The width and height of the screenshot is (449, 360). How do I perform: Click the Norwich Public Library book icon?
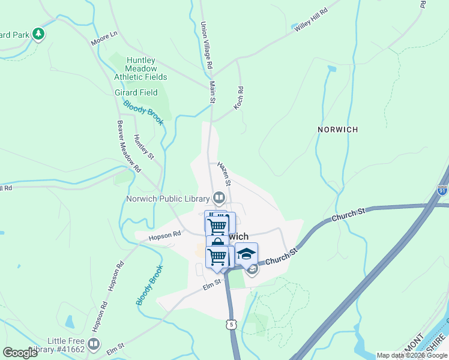(x=220, y=198)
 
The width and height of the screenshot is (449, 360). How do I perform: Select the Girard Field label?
(x=136, y=92)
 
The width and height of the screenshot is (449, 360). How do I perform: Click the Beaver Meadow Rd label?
(x=128, y=146)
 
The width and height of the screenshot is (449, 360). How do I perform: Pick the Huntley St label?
(x=144, y=146)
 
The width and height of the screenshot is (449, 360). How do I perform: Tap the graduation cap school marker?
(x=246, y=253)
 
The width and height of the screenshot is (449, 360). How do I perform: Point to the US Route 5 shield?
(x=231, y=324)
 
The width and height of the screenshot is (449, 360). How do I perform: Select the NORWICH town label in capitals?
(x=337, y=130)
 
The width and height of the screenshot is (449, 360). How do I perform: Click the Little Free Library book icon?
(x=94, y=344)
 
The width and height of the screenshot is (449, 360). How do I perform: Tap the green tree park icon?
(x=39, y=34)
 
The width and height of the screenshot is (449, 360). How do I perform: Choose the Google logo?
(x=20, y=353)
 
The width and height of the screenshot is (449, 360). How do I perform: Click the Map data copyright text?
(x=412, y=355)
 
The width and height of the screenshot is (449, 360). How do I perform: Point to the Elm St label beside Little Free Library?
(x=115, y=346)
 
